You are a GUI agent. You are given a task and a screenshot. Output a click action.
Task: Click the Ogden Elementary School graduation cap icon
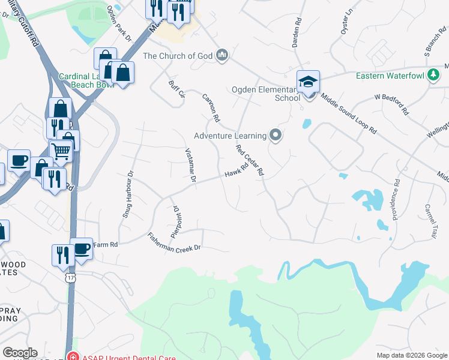(x=308, y=82)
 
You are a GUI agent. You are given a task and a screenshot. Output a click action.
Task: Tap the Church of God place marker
(x=223, y=56)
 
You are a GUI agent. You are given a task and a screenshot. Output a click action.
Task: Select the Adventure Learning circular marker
(x=276, y=135)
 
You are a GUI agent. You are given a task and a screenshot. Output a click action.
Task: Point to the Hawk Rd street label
(x=237, y=172)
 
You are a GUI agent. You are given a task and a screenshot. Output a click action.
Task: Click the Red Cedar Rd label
(x=250, y=160)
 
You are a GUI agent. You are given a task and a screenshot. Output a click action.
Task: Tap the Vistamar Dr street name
(x=190, y=166)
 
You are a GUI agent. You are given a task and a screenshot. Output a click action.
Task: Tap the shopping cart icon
(x=61, y=151)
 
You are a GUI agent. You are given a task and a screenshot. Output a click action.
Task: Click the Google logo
(x=20, y=353)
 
